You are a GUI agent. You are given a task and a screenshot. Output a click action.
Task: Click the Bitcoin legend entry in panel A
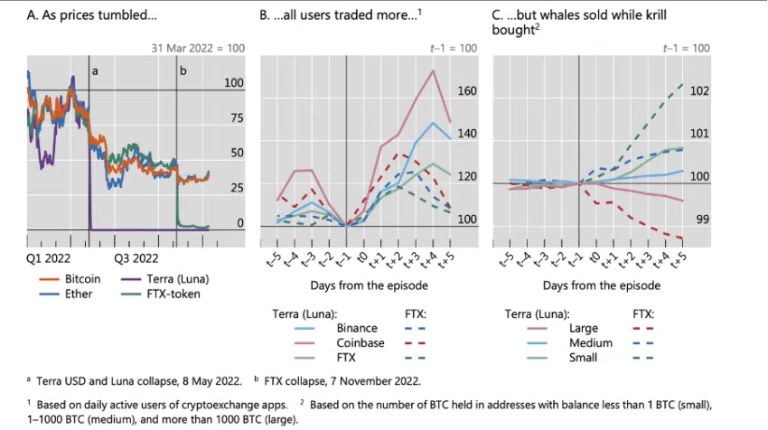(82, 279)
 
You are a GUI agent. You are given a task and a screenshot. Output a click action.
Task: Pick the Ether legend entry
(78, 294)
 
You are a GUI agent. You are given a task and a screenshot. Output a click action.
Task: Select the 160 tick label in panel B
(466, 91)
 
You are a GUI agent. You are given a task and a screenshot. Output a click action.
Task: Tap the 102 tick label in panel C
(699, 91)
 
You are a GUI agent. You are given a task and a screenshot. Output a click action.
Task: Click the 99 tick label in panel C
(702, 220)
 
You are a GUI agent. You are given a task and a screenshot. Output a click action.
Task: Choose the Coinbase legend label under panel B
(359, 343)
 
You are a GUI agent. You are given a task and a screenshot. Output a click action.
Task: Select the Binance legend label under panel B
(356, 329)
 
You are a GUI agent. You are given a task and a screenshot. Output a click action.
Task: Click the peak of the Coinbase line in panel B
(435, 70)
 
